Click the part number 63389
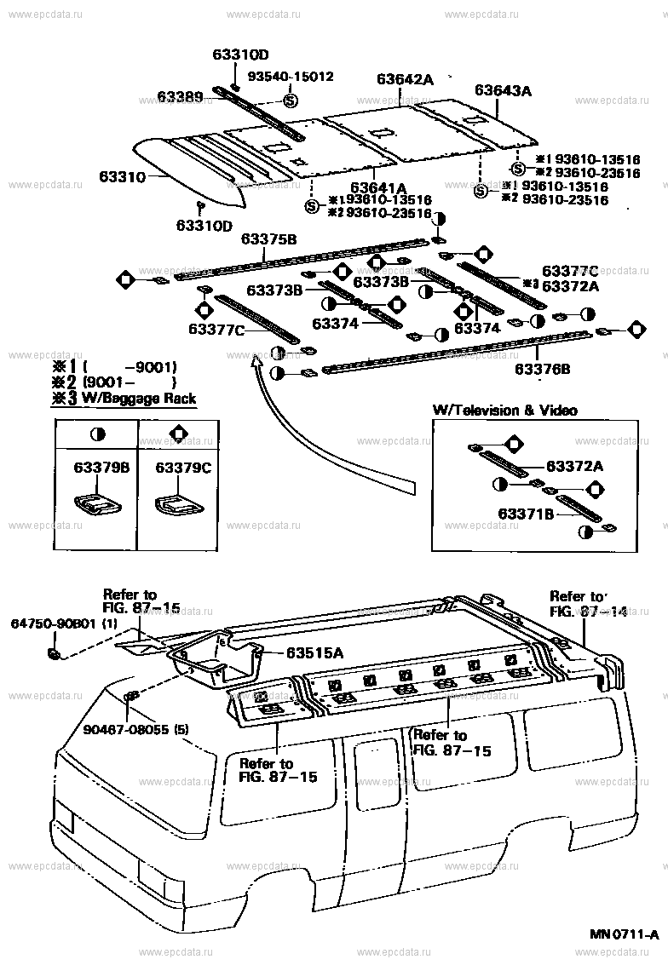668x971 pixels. point(178,98)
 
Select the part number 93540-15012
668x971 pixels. point(291,77)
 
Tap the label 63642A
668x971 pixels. point(405,79)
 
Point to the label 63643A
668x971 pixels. point(503,90)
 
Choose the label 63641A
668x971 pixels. point(377,187)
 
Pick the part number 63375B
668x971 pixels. point(268,239)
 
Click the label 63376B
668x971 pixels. point(542,369)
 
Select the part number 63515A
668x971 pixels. point(314,653)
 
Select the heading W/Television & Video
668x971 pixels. point(504,411)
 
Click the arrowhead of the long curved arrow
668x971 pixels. point(254,362)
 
